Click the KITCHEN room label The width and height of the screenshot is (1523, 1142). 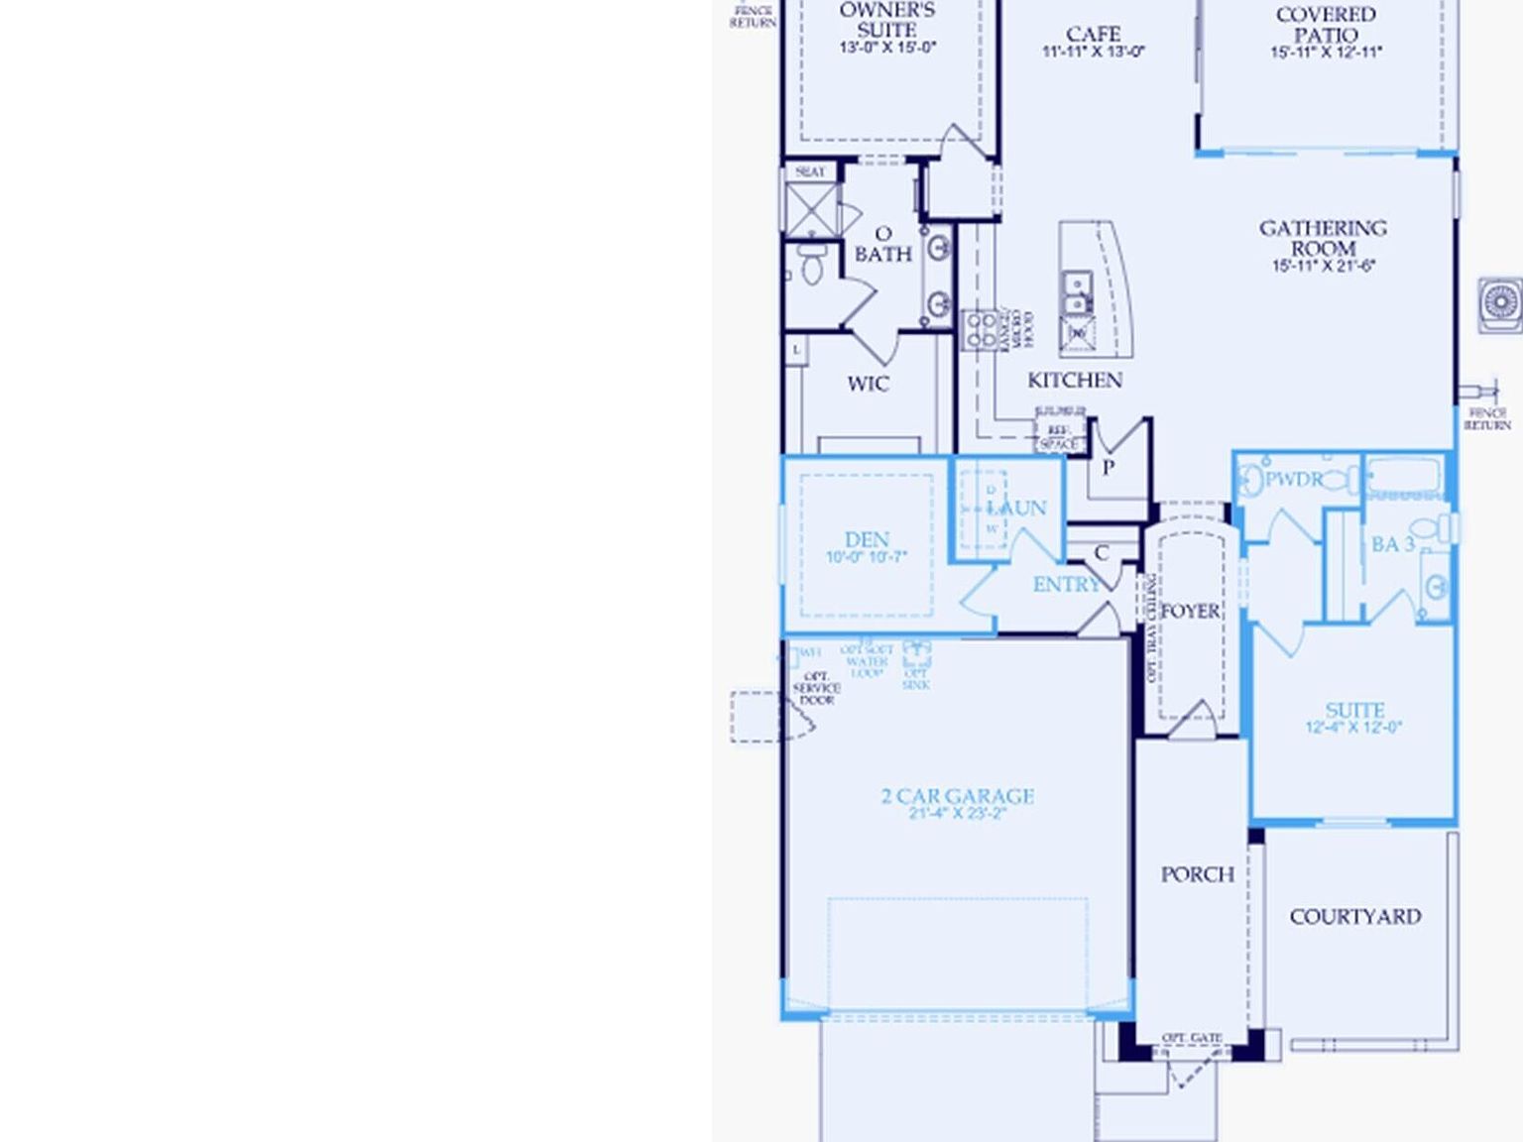coord(1075,381)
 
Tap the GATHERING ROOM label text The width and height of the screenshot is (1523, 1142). coord(1323,238)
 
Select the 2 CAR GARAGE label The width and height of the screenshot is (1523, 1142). coord(957,796)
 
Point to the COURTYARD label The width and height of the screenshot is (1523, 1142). coord(1354,917)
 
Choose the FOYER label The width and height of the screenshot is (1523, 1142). coord(1191,612)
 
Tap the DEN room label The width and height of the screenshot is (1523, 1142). coord(867,539)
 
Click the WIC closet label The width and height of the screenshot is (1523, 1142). coord(868,385)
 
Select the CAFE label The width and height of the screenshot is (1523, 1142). coord(1094,35)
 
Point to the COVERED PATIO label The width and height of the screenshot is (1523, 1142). coord(1326,25)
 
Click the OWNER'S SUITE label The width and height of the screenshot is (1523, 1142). coord(886,20)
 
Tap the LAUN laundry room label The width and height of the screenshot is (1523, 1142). coord(1017,509)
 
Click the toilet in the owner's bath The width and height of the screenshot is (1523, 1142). coord(812,264)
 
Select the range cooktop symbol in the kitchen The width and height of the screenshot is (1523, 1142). coord(982,329)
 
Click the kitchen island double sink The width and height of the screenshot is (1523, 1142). coord(1076,291)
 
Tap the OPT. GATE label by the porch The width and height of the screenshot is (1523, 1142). coord(1191,1038)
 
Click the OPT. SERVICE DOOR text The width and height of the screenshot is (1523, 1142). coord(817,688)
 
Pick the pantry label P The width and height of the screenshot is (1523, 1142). coord(1108,467)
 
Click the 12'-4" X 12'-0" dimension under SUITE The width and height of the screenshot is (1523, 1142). coord(1353,728)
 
